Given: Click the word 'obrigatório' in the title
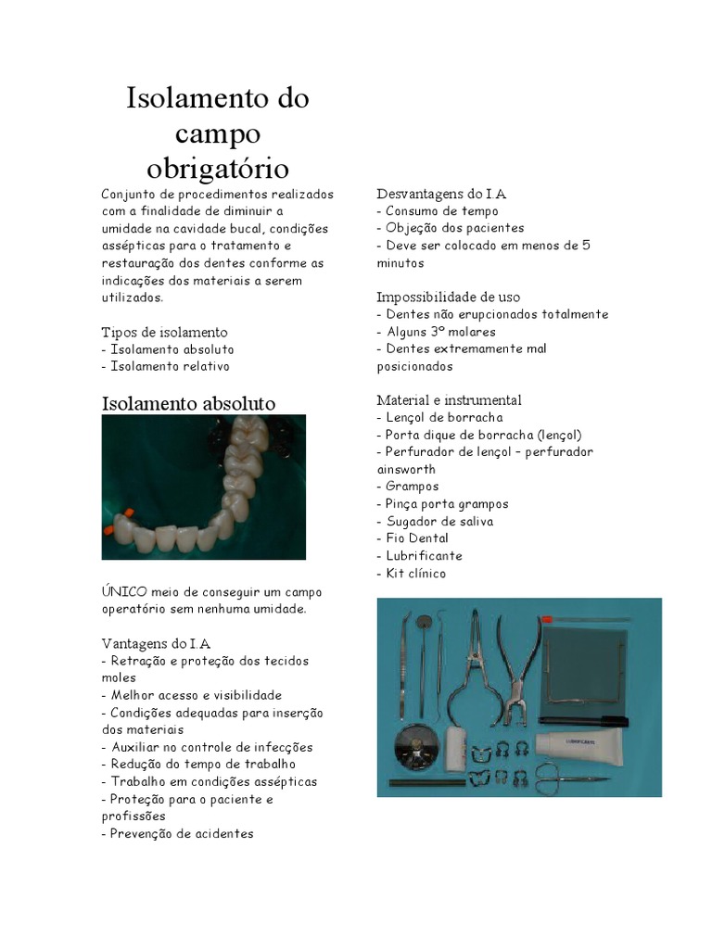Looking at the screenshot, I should coord(218,169).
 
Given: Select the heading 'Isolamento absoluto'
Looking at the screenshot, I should coord(188,403).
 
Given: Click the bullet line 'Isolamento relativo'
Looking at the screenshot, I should coord(169,367).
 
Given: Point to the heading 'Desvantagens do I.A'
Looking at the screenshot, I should coord(441,194).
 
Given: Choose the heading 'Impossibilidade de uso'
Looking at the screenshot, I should coord(449,297).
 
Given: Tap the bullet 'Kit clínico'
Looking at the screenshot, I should coord(414,574).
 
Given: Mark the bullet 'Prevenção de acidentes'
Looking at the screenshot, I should coord(180,834).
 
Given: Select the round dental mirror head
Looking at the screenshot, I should coord(425,623).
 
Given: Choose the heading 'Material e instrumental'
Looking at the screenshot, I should coord(449,400).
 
